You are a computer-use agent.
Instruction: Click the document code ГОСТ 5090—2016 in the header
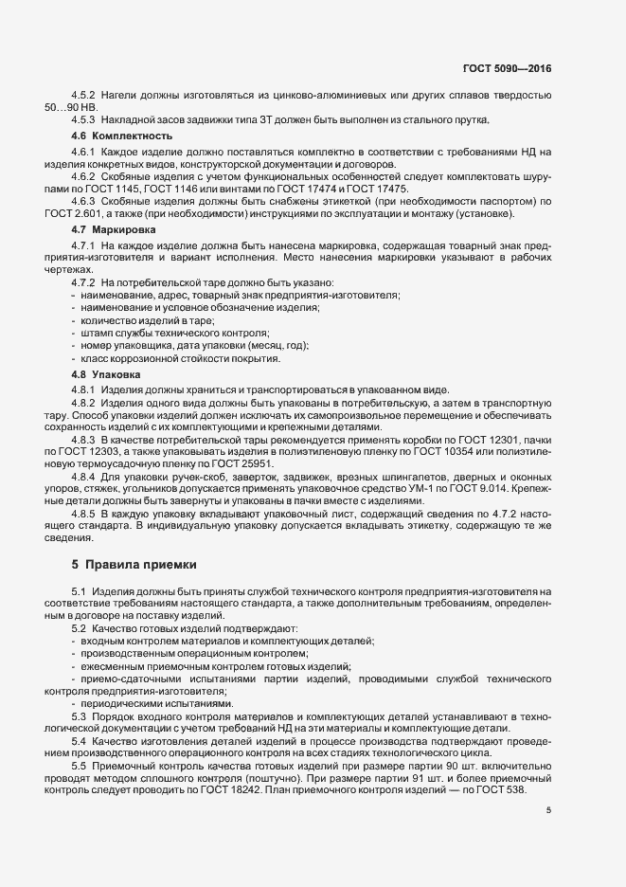[x=506, y=69]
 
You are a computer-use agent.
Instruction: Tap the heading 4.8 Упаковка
[x=106, y=374]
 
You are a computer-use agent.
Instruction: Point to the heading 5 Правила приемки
[x=134, y=565]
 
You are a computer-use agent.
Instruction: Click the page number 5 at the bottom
[x=548, y=810]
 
